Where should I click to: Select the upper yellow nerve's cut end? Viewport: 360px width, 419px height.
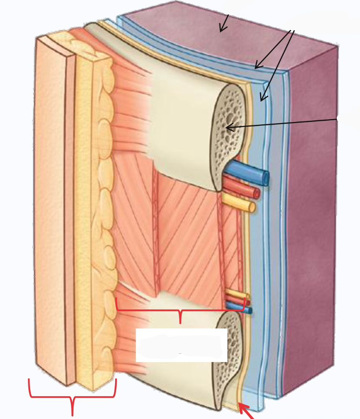click(251, 207)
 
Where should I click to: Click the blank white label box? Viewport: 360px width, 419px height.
click(181, 345)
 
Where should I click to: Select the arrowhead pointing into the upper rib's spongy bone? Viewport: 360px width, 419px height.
click(228, 128)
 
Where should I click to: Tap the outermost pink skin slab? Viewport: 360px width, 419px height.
click(51, 205)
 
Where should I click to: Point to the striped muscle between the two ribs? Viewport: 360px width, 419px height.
click(184, 237)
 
